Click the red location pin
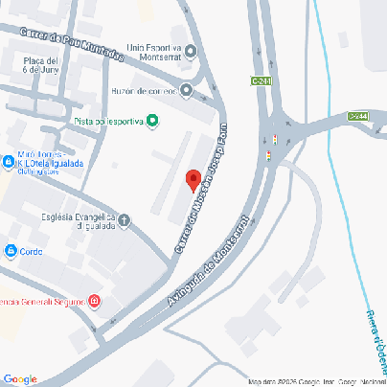coord(192,180)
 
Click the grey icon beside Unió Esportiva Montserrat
coord(192,52)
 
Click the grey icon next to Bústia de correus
coord(186,91)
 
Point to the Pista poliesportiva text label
coord(108,121)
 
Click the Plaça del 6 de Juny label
coord(42,64)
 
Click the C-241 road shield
coord(262,80)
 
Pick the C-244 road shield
coord(357,116)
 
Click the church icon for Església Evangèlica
coord(125,222)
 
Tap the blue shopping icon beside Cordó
coord(11,251)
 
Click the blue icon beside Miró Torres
coord(8,160)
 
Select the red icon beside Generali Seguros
coord(95,302)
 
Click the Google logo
coord(20,379)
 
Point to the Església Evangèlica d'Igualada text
coord(79,222)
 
